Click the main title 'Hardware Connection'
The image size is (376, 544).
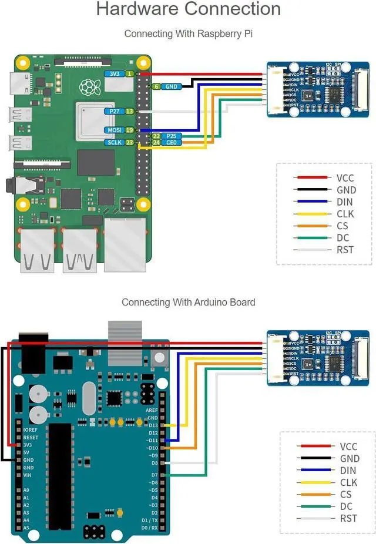click(188, 9)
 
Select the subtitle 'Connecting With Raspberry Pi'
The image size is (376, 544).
click(188, 34)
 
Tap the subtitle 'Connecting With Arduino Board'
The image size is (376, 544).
click(188, 302)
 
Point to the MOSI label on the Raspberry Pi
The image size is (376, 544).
click(113, 130)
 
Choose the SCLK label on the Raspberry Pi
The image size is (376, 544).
click(113, 142)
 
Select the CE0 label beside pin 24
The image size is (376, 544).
click(172, 142)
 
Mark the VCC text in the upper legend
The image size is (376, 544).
click(345, 177)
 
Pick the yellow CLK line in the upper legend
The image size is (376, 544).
click(311, 214)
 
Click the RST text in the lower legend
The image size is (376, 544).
click(348, 518)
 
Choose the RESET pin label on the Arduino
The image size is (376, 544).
click(31, 438)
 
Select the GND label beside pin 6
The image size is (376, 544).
click(171, 86)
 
